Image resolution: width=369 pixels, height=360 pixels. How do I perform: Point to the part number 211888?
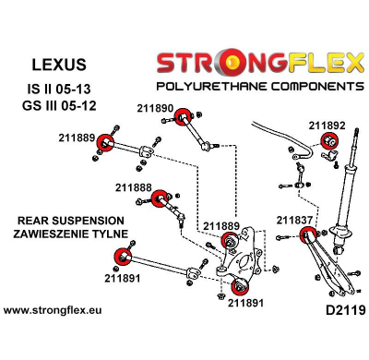[x=134, y=186]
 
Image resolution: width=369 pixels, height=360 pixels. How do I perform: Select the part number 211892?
[x=327, y=126]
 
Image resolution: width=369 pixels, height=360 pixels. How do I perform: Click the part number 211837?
[x=295, y=220]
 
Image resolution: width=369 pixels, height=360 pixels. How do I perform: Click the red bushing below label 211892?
[x=327, y=141]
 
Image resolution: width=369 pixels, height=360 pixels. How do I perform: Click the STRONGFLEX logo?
[x=261, y=63]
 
